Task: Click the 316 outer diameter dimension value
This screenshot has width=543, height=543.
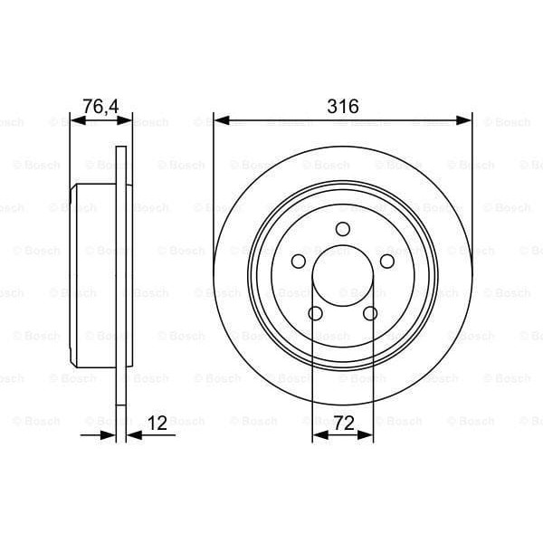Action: click(343, 106)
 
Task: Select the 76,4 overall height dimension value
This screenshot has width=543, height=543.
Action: click(101, 106)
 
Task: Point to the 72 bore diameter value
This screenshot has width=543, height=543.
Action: click(343, 422)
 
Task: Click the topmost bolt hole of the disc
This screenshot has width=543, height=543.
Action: click(343, 229)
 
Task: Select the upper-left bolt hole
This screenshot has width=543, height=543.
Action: click(298, 261)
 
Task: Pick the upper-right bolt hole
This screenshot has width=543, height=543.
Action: click(388, 261)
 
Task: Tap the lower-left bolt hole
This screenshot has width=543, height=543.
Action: click(316, 313)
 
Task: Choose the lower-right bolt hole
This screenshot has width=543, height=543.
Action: click(370, 313)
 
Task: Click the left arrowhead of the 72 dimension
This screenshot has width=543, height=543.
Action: click(318, 435)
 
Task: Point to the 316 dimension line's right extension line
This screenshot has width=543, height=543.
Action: click(472, 181)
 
